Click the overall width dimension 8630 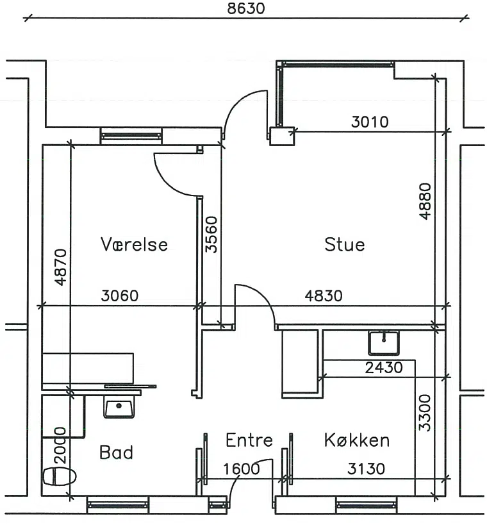pos(246,8)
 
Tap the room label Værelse pos(134,244)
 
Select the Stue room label pos(344,244)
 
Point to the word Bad pos(116,452)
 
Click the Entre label pos(249,440)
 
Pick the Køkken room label pos(357,440)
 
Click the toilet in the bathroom pos(60,476)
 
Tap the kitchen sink pos(384,343)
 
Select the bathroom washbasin pos(119,406)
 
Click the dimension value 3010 pos(370,122)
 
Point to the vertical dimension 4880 pos(425,201)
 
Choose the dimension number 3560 pos(211,235)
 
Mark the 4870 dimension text pos(61,267)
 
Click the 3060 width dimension pos(119,296)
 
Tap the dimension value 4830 pos(324,296)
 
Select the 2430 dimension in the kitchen pos(384,368)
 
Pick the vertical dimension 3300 pos(425,413)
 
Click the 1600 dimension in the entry pos(242,469)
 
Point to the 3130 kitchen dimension pos(366,469)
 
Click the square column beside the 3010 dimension pos(282,137)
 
